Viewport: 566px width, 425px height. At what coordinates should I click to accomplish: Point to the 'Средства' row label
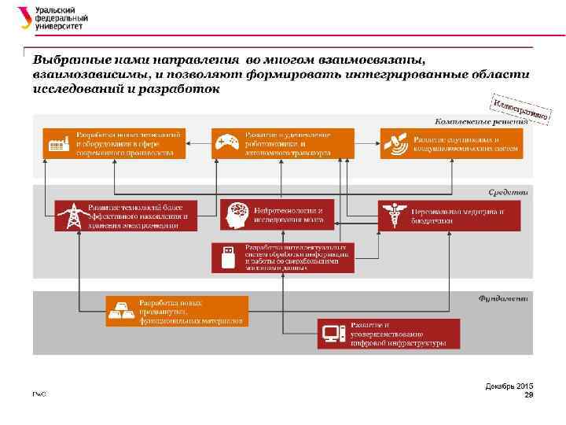[x=508, y=190]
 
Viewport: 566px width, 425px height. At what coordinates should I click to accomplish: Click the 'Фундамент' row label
[x=503, y=298]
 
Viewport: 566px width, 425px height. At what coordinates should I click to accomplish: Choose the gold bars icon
[x=122, y=312]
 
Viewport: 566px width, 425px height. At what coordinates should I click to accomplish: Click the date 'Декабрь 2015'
[x=510, y=386]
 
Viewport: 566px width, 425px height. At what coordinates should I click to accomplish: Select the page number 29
[x=528, y=394]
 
